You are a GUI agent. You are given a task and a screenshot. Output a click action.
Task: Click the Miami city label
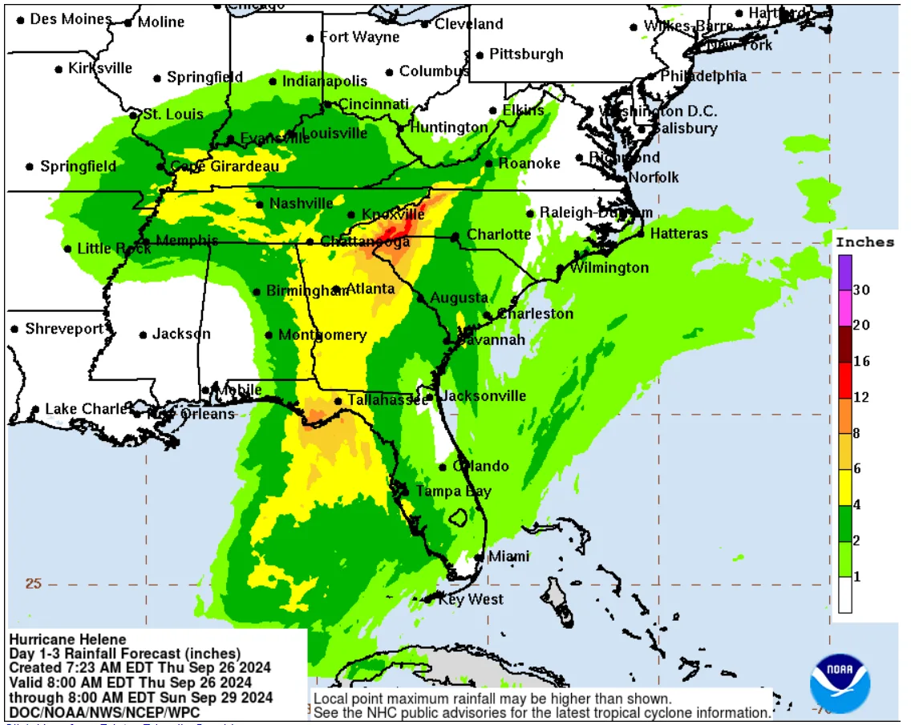tap(508, 557)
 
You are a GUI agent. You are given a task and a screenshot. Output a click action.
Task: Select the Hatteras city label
tap(678, 233)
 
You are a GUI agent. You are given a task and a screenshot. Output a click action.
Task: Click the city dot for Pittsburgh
tap(480, 55)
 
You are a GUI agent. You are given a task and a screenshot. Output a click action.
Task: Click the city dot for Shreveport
tap(14, 329)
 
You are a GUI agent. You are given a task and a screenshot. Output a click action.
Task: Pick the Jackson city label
tap(181, 334)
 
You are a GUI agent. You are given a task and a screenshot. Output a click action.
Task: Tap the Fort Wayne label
tap(359, 38)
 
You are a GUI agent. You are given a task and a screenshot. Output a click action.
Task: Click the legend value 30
tap(861, 290)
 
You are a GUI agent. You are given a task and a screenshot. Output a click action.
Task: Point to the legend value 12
tap(861, 398)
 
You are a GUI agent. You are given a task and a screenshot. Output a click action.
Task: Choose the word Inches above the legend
tap(864, 242)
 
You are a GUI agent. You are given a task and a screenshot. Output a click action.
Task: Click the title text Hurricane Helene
tap(67, 639)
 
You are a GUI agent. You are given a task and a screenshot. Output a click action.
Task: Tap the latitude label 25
tap(32, 583)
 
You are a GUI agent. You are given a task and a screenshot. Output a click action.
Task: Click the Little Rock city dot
tap(67, 249)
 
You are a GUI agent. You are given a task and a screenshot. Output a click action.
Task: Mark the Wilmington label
tap(609, 267)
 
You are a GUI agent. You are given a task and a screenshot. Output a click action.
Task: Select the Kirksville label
tap(100, 68)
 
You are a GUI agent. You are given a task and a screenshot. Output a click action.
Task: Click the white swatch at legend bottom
tap(845, 595)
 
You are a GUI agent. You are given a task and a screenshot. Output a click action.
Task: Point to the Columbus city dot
tap(389, 72)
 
